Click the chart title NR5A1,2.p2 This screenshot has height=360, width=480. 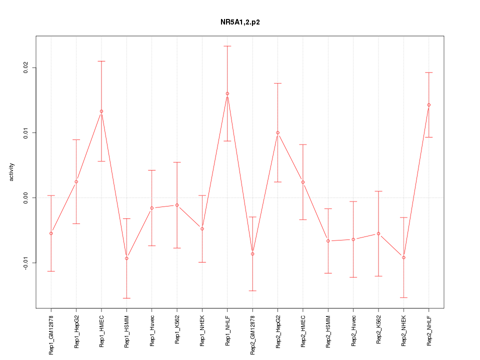(x=240, y=22)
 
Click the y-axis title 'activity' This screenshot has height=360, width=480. (x=12, y=172)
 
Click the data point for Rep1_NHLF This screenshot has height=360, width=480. (x=227, y=93)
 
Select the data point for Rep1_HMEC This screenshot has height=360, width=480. (x=101, y=111)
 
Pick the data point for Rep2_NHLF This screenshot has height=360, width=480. (x=429, y=105)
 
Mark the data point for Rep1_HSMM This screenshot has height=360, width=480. (x=126, y=258)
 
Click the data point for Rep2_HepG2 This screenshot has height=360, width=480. (x=278, y=132)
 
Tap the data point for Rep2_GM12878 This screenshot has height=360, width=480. (x=252, y=254)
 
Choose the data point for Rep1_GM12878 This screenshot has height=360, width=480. (x=51, y=233)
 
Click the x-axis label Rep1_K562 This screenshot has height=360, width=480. (x=177, y=330)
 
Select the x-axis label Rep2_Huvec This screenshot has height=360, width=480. (x=353, y=330)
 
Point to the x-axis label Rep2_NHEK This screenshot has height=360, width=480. (x=404, y=330)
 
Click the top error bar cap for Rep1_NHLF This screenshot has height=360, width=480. (x=227, y=46)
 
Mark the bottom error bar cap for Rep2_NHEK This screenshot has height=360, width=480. (x=404, y=297)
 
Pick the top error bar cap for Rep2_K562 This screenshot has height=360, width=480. (x=378, y=191)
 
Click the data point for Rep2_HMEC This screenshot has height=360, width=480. (x=303, y=182)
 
